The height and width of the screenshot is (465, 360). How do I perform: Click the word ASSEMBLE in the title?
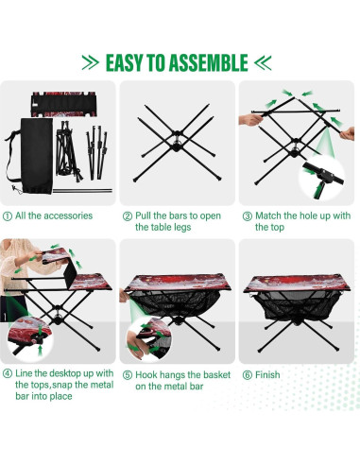(199, 62)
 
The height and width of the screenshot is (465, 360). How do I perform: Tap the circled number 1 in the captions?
(8, 215)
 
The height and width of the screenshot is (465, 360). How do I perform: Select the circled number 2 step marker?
(127, 215)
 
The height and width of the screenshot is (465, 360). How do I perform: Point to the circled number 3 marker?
(246, 215)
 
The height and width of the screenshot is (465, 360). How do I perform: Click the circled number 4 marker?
(8, 374)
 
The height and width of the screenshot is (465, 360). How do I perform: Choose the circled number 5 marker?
(127, 374)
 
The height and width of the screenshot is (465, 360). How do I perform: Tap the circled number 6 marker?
(246, 374)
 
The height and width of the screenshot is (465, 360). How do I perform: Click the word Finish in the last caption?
(266, 374)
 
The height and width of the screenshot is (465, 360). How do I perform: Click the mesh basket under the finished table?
(297, 308)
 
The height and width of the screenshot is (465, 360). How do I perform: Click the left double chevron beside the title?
(91, 62)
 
